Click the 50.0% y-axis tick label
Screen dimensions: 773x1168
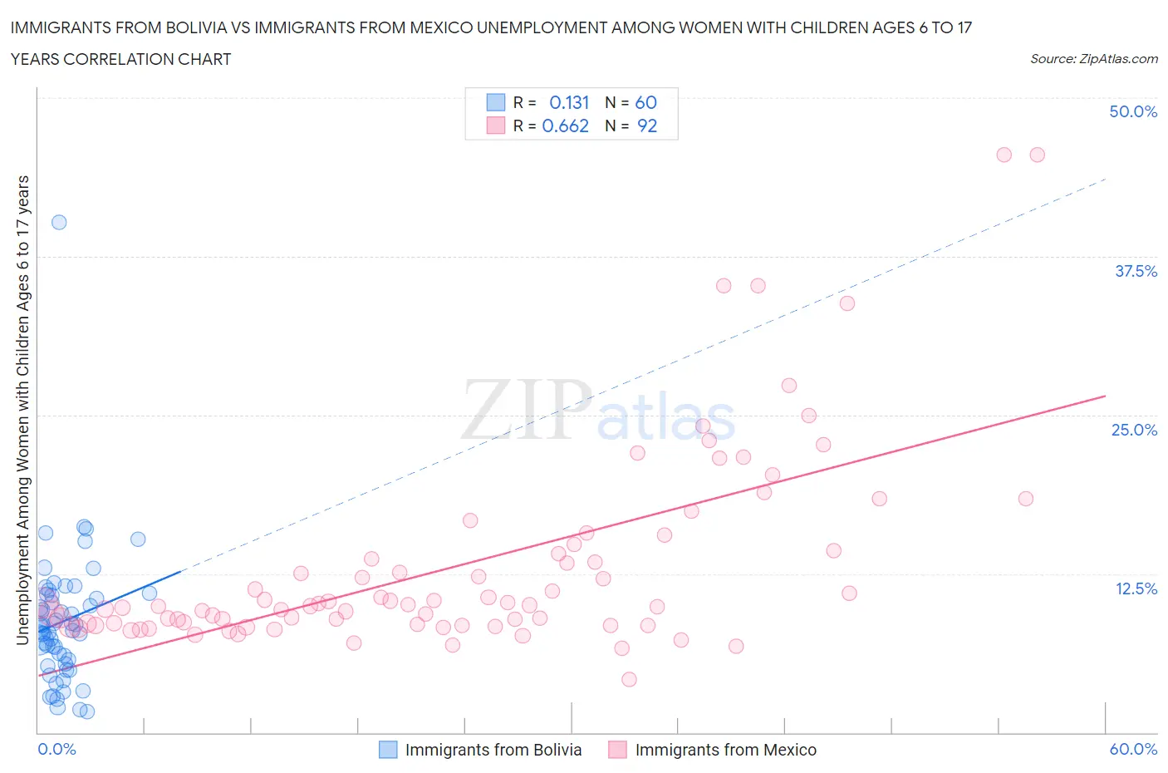pos(1133,111)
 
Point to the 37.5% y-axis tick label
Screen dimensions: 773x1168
pos(1136,271)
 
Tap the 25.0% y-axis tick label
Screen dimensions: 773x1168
pos(1134,430)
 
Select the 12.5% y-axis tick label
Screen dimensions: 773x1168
pos(1136,588)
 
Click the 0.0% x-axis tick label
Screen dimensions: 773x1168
pos(56,749)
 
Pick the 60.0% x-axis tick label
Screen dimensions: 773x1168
pos(1133,749)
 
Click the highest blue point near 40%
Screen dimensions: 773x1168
pos(59,222)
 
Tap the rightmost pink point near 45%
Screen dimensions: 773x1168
pos(1037,155)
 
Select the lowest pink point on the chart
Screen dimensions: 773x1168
pos(629,679)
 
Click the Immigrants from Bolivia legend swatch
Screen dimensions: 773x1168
pos(388,750)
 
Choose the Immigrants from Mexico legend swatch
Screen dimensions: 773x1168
pos(617,750)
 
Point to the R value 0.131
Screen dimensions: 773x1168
pos(569,102)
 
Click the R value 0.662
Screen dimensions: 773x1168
pos(565,126)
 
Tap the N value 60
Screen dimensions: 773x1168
pos(645,102)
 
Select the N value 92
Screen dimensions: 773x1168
pos(647,126)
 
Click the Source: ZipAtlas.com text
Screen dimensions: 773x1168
pos(1093,58)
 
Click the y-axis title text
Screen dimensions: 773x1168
pos(22,411)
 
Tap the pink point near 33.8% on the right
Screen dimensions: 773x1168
pos(847,303)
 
